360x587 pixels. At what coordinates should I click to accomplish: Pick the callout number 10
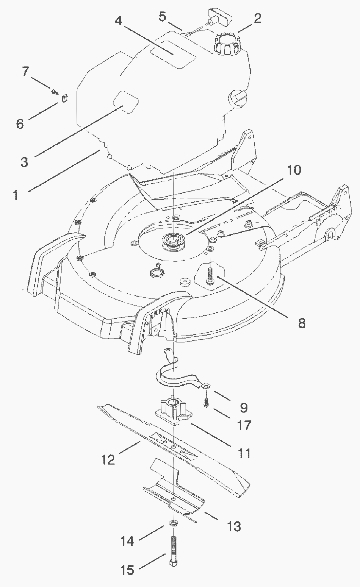pyautogui.click(x=294, y=170)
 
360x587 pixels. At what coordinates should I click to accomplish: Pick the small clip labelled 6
pyautogui.click(x=64, y=98)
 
